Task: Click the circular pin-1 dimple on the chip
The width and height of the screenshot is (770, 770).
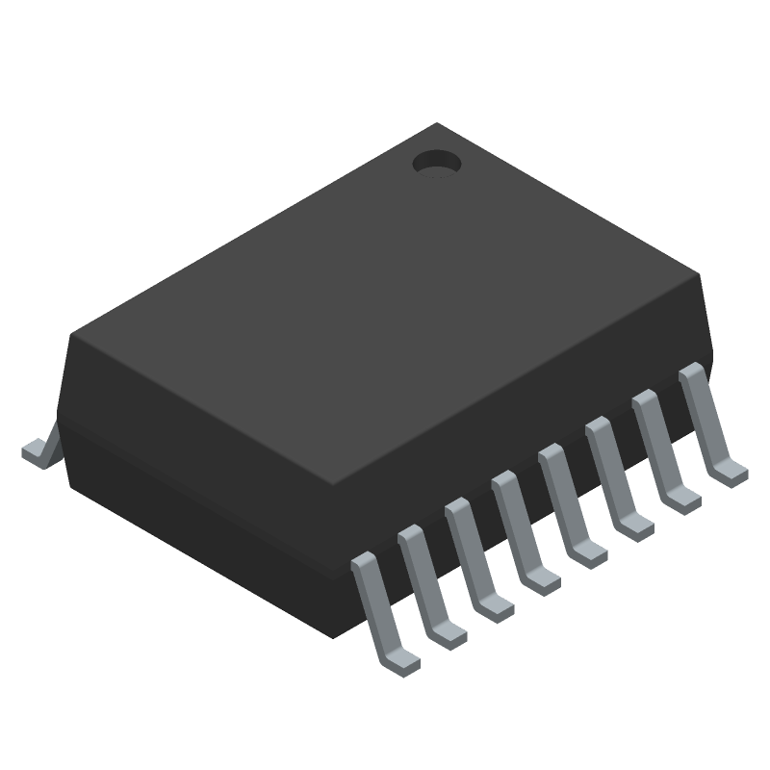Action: click(x=436, y=164)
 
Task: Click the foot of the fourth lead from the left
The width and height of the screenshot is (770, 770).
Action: click(x=542, y=579)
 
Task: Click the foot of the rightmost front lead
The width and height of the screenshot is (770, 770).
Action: click(x=730, y=471)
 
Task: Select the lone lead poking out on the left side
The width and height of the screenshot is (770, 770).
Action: click(x=38, y=450)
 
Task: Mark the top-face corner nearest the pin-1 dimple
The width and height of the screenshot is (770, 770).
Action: click(x=438, y=124)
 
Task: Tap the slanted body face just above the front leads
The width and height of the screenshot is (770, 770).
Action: click(x=529, y=423)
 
